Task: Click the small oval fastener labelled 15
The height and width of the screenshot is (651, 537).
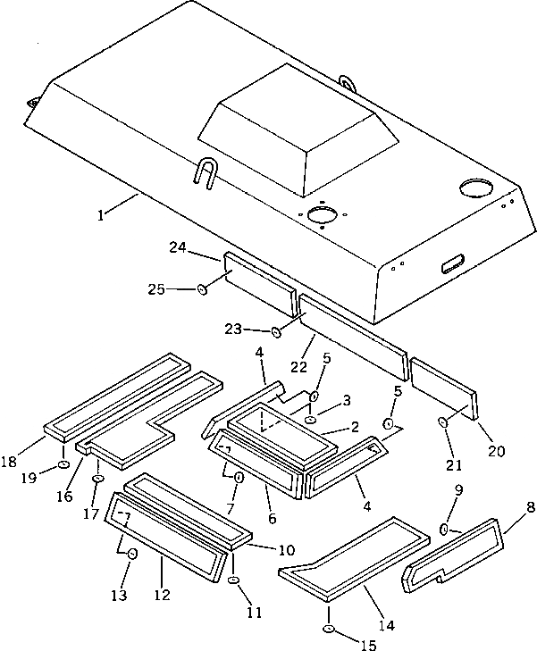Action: click(330, 630)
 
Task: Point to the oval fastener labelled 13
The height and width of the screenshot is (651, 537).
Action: click(132, 555)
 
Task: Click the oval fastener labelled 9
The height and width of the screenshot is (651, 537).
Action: click(444, 530)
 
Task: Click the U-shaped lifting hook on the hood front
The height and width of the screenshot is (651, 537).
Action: click(204, 171)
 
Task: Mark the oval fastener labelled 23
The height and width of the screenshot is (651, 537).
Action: click(276, 333)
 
